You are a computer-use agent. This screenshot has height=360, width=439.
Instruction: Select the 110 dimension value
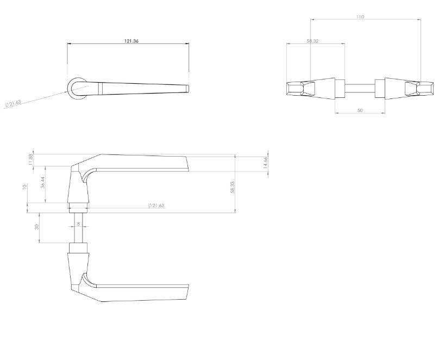point(360,17)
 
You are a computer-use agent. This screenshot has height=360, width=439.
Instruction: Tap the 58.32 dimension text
point(312,41)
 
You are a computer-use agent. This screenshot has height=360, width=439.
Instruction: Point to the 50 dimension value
point(360,110)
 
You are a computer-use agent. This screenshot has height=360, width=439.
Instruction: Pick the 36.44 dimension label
point(43,183)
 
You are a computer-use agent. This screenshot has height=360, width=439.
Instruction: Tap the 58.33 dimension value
point(233,187)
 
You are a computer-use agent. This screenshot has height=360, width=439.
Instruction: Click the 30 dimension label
point(37,227)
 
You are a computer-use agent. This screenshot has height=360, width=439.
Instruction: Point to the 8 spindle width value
point(78,224)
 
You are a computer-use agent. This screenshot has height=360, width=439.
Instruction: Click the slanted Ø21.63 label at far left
point(13,103)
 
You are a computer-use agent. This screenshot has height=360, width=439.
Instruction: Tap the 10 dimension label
point(25,187)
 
